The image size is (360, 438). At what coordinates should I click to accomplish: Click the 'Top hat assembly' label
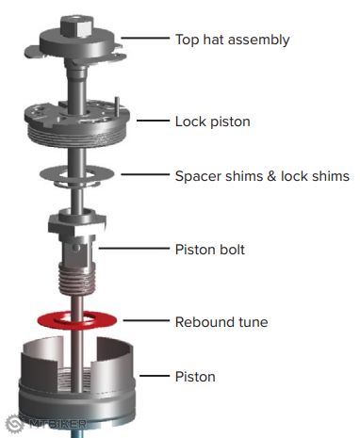point(233,41)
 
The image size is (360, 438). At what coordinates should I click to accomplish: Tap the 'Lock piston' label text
point(213,122)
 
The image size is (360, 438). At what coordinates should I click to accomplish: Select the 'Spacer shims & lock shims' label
point(262,176)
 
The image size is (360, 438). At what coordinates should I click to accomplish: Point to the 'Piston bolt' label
point(210,250)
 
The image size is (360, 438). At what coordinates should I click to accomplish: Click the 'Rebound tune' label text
point(221,322)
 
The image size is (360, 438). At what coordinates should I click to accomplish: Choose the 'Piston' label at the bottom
point(195,377)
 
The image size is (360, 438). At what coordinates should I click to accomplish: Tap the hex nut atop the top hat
point(77,25)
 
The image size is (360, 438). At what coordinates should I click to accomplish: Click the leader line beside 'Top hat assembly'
point(145,38)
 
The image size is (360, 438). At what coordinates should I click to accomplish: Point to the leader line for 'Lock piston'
point(153,121)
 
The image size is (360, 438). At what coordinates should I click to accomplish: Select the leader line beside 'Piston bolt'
point(134,248)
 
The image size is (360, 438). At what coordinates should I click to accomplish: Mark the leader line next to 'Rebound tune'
point(146,320)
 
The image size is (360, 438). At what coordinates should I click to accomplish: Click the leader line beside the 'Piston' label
point(155,376)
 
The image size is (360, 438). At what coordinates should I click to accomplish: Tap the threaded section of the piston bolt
point(76,279)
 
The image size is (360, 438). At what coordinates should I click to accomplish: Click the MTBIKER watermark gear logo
point(15,424)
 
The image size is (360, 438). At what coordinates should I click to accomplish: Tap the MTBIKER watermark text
point(58,424)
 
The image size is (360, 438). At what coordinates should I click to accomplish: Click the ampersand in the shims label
point(271,176)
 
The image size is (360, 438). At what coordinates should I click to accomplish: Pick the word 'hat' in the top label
point(213,40)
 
